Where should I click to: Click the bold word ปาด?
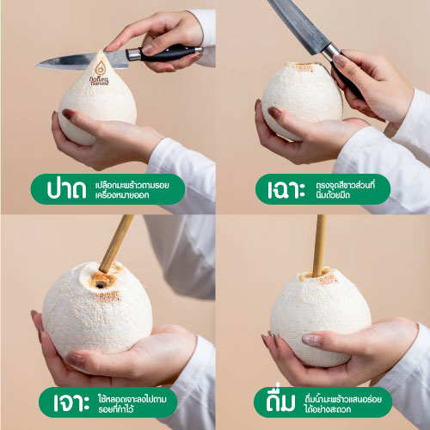click(x=66, y=189)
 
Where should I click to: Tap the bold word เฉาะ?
click(x=286, y=189)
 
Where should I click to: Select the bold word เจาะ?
click(x=71, y=402)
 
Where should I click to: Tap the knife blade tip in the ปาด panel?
click(x=37, y=65)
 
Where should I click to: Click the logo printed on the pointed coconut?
click(x=100, y=73)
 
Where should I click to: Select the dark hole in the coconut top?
click(x=100, y=285)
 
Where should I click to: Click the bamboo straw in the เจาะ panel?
click(x=116, y=243)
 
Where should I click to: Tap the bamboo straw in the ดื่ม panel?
click(x=320, y=246)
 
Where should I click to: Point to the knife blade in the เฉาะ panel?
click(x=298, y=27)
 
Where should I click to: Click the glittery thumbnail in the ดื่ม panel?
click(x=312, y=340)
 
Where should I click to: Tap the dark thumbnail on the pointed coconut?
click(x=69, y=114)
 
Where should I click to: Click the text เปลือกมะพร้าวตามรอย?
click(x=132, y=185)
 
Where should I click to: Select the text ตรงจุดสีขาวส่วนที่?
click(x=346, y=185)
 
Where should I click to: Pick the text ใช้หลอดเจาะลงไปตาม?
click(x=132, y=399)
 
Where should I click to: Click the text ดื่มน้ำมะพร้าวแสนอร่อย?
click(x=343, y=399)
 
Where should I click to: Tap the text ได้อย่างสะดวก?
click(x=328, y=409)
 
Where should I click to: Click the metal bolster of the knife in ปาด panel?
click(x=133, y=54)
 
